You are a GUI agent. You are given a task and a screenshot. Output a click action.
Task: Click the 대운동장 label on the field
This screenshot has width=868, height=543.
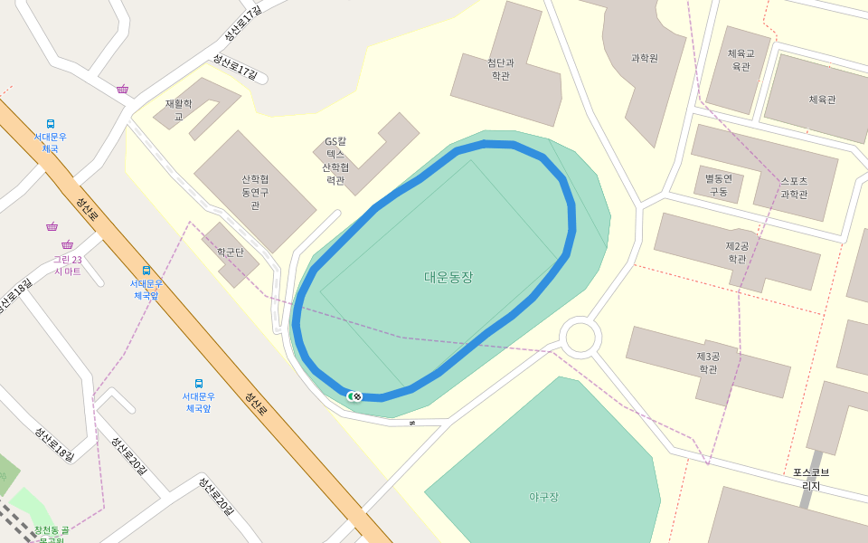(x=448, y=277)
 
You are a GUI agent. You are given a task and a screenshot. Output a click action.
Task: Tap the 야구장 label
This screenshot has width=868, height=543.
(x=543, y=496)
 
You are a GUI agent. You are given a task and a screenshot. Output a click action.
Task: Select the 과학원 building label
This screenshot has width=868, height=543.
(x=644, y=58)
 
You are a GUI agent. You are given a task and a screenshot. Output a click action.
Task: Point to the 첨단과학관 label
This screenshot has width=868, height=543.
(x=500, y=70)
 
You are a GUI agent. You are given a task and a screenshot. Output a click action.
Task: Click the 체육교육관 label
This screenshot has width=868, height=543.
(x=741, y=60)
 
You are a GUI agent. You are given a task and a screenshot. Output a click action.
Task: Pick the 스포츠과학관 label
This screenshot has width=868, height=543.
(x=794, y=187)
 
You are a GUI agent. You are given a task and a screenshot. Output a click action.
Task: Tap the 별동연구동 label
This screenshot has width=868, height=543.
(x=718, y=185)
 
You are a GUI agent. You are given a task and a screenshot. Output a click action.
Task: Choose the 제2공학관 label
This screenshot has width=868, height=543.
(x=738, y=252)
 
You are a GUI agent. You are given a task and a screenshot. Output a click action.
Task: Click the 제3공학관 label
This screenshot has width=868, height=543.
(x=707, y=362)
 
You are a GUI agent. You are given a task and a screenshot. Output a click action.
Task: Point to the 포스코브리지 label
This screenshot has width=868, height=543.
(x=811, y=479)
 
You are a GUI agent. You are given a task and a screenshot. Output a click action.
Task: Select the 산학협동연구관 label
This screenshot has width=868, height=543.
(x=256, y=192)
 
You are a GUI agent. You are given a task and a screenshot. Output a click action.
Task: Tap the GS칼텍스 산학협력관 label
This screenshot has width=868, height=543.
(x=335, y=161)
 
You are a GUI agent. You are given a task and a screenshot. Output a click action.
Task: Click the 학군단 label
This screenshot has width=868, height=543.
(x=231, y=252)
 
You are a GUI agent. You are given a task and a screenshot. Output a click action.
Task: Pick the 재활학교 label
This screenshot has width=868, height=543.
(x=178, y=110)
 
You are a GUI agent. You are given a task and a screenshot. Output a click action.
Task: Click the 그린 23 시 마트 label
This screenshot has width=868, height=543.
(x=67, y=265)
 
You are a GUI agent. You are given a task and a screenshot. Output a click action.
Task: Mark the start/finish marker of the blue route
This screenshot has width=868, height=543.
(x=354, y=395)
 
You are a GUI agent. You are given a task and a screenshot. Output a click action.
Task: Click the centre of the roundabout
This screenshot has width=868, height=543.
(x=580, y=338)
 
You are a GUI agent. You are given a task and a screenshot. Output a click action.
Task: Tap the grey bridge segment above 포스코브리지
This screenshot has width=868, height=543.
(x=816, y=459)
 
